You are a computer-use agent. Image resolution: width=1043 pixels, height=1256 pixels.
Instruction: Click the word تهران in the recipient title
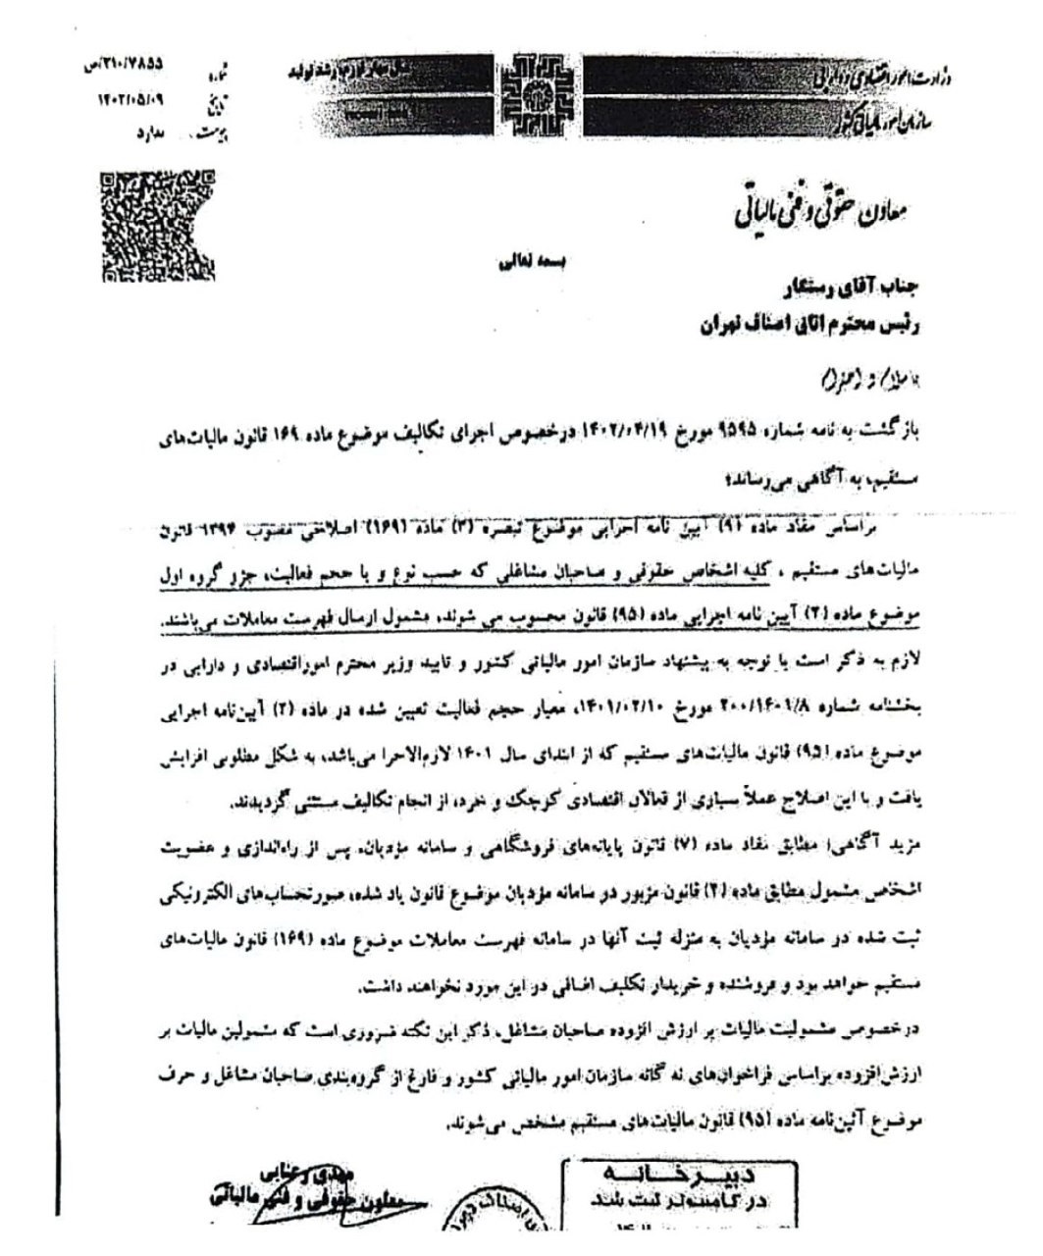716,328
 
